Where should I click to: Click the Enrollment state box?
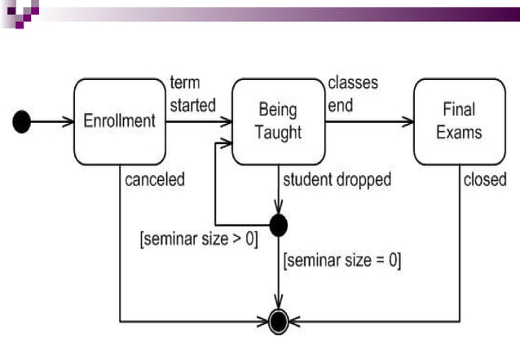[119, 121]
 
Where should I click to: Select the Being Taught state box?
[278, 121]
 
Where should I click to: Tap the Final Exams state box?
[459, 121]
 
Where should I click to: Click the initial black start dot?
[23, 122]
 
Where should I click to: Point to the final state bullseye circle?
[279, 321]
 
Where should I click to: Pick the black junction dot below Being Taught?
[279, 223]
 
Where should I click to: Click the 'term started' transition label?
[192, 94]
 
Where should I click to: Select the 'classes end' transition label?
[352, 94]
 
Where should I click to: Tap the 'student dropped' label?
[337, 179]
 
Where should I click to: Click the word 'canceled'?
[155, 179]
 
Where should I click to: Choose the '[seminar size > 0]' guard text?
[199, 241]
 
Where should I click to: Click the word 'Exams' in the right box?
[459, 132]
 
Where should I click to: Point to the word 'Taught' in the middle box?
[278, 132]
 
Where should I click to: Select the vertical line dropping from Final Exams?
[459, 244]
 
